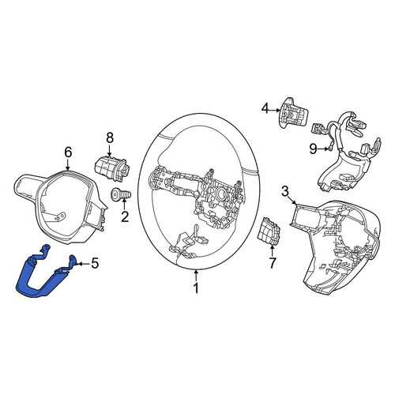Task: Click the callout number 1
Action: tap(196, 288)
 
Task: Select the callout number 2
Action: tap(125, 216)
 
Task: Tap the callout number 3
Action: tap(285, 191)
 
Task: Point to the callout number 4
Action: tap(265, 108)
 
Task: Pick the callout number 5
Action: tap(95, 263)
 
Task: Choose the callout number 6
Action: tap(68, 152)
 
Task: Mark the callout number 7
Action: tap(272, 262)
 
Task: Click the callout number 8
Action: tap(110, 137)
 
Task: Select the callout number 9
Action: tap(314, 149)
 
